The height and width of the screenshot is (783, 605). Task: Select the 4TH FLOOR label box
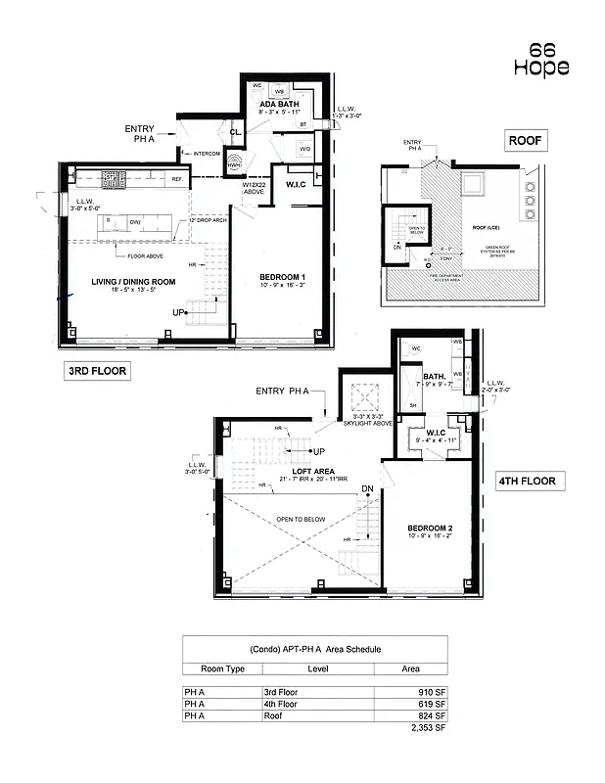coord(525,481)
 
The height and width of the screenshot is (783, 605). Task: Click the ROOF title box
coord(525,141)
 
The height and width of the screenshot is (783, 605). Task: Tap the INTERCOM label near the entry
coord(207,153)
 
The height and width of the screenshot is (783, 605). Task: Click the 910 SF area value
coord(430,691)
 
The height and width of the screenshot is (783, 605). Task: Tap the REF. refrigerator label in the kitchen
coord(178,180)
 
